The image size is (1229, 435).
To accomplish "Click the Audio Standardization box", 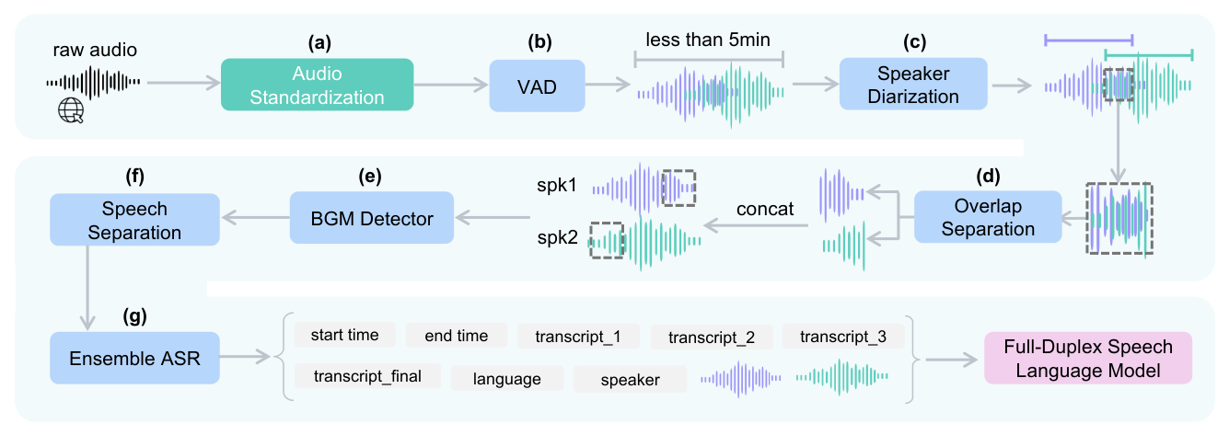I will point(317,85).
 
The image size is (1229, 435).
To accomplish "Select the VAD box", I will point(537,86).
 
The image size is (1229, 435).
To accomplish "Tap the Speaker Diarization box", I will point(912,85).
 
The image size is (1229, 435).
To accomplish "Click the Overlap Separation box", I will point(988,217).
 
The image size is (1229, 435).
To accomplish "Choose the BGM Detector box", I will point(371,217).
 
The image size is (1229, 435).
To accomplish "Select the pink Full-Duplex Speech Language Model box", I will point(1087,358).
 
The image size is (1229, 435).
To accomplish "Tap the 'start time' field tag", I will point(344,335).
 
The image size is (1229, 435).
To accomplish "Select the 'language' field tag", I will point(506,378).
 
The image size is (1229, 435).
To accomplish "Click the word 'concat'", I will point(764,209).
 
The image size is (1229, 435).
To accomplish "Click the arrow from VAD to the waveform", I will point(609,86).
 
